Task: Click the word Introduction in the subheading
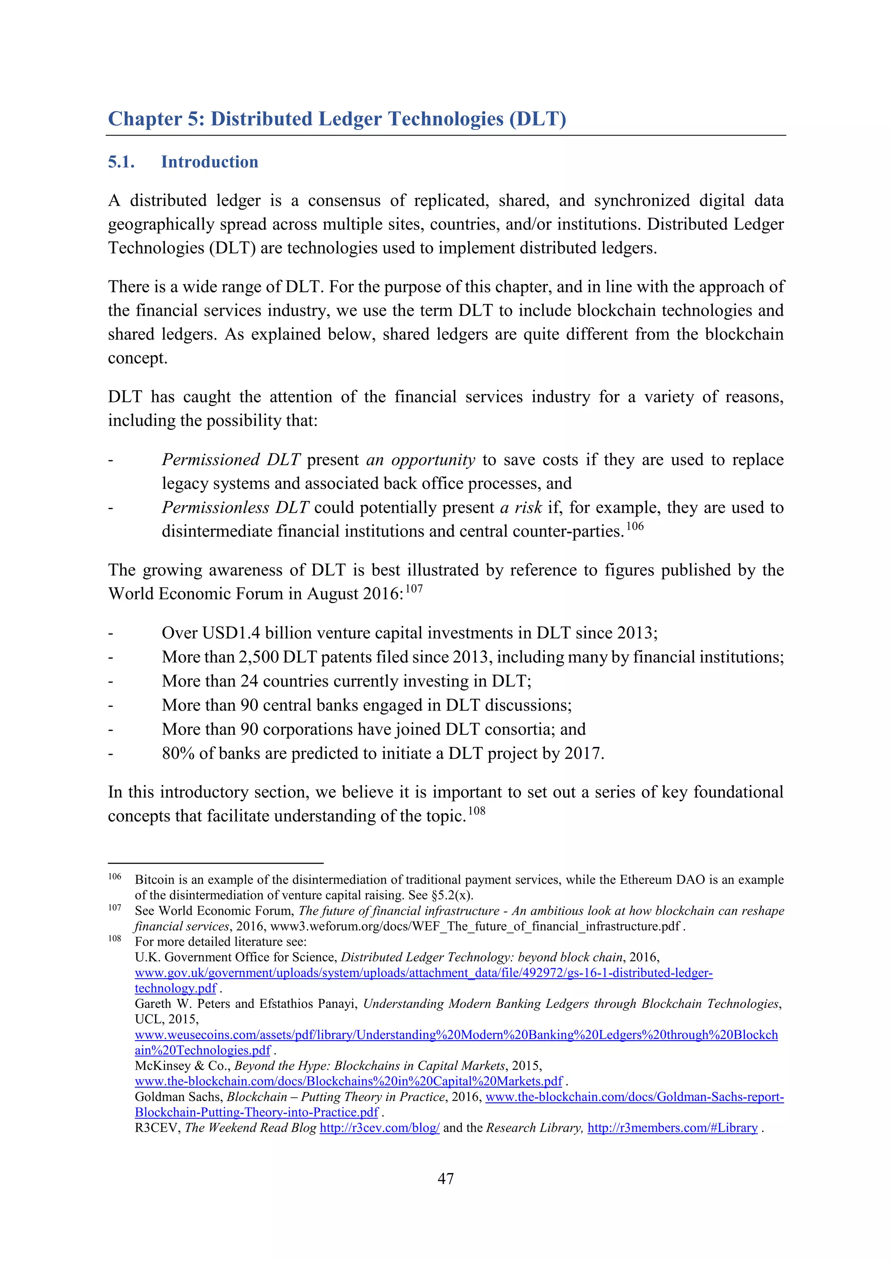(209, 162)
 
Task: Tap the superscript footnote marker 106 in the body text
(635, 526)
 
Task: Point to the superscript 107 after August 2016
(414, 589)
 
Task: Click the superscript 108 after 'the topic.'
(476, 811)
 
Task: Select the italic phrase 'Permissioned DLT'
(231, 460)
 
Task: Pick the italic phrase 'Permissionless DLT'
(235, 507)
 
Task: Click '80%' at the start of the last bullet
(178, 754)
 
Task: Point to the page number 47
(446, 1179)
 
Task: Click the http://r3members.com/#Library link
(672, 1128)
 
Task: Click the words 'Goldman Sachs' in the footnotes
(179, 1097)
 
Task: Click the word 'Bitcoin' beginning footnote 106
(153, 880)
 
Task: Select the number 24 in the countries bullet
(249, 682)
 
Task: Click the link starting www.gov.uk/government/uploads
(423, 973)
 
